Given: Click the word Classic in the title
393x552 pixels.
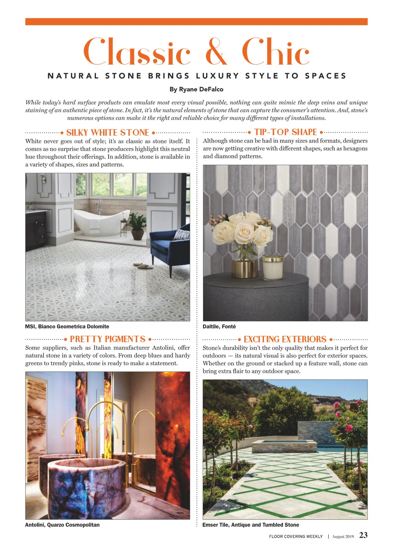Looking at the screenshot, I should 137,52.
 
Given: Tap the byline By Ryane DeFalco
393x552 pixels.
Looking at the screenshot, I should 196,89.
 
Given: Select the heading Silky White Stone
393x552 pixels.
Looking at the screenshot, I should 107,132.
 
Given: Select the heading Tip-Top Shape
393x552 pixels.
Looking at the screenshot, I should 285,132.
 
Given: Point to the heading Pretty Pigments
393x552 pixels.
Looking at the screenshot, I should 107,339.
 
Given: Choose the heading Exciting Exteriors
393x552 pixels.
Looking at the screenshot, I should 285,339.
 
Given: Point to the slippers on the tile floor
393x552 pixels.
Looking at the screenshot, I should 143,266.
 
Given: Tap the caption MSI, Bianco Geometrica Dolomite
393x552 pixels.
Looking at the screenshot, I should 67,326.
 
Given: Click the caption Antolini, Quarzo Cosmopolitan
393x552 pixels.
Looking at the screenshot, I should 62,525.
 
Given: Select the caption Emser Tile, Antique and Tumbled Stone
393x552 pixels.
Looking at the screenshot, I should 251,525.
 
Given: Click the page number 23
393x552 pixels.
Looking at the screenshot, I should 363,535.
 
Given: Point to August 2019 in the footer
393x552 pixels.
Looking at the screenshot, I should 343,537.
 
